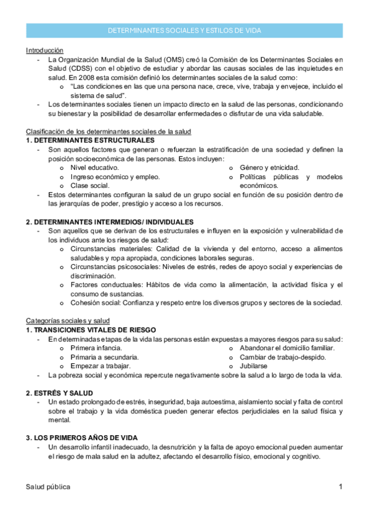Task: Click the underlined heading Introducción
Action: coord(44,50)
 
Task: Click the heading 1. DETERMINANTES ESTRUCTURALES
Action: coord(83,140)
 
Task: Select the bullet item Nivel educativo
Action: coord(95,167)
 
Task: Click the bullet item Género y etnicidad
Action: coord(269,167)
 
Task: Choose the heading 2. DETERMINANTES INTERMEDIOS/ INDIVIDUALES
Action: coord(110,221)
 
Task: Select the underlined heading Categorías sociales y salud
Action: coord(68,321)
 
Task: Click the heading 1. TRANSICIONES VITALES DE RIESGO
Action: coord(91,330)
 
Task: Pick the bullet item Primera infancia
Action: coord(96,348)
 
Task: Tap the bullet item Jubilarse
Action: coord(255,366)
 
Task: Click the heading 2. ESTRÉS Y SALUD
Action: coord(59,393)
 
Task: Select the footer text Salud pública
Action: coord(48,487)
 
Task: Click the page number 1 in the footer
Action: coord(340,487)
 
